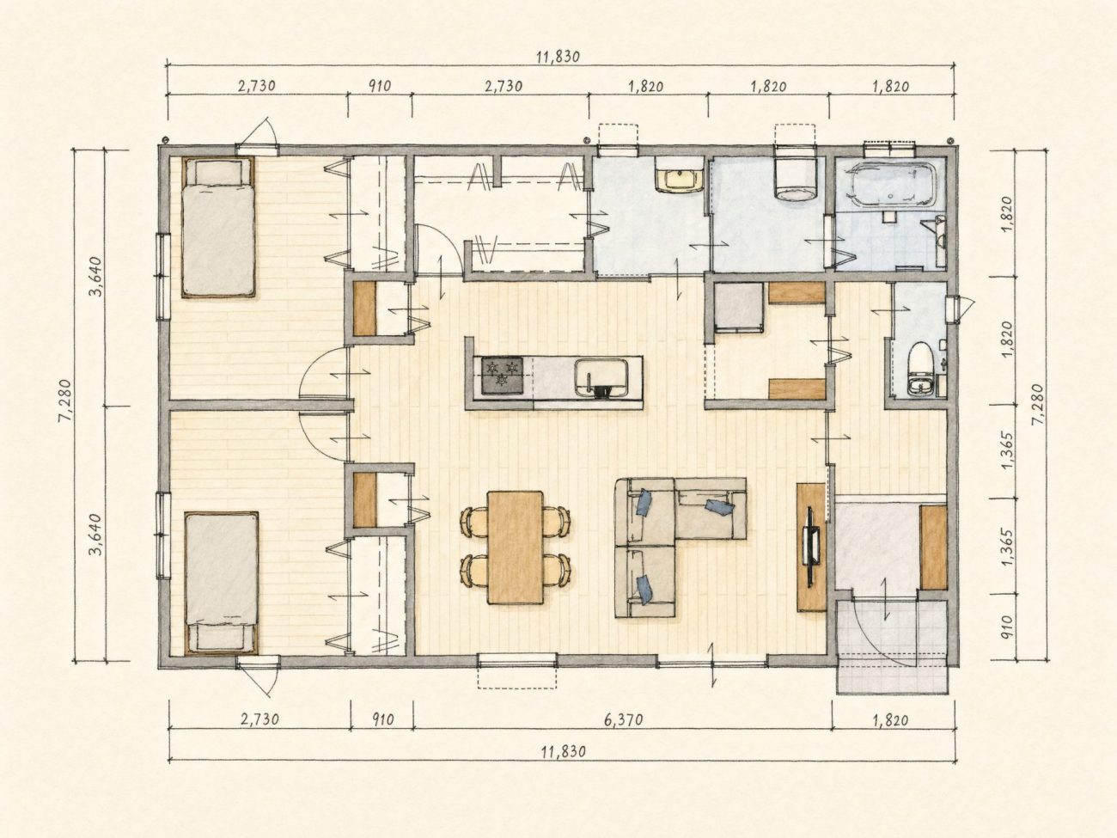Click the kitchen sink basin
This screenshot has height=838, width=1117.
tap(601, 377)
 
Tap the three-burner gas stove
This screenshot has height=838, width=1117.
tap(503, 376)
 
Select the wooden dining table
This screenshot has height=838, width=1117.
tap(515, 547)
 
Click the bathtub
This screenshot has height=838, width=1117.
tap(888, 184)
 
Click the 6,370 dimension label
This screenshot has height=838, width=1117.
tap(624, 720)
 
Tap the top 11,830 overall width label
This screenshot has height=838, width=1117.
tap(558, 57)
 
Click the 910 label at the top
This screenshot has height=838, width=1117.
tap(380, 86)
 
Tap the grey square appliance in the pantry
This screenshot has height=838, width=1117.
tap(739, 308)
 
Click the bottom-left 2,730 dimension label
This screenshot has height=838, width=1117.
tap(260, 719)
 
